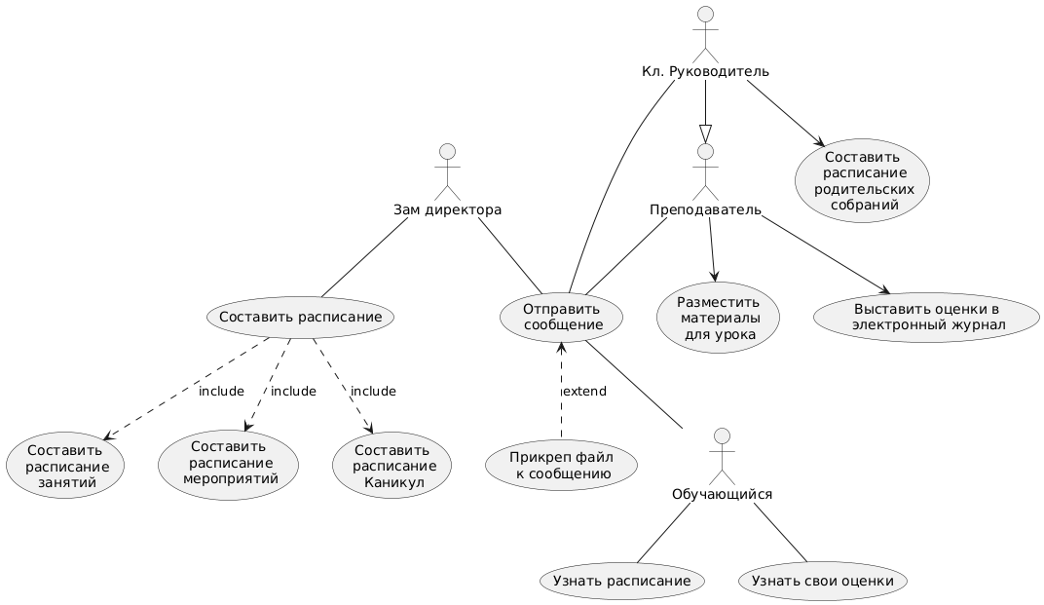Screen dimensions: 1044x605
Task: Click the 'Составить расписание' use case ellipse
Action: [x=300, y=318]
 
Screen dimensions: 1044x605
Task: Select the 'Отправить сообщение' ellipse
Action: [x=562, y=318]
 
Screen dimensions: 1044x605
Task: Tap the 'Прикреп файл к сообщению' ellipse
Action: [x=561, y=465]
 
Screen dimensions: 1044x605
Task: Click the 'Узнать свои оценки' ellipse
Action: [x=822, y=581]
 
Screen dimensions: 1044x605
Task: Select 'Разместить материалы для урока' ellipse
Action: [x=719, y=318]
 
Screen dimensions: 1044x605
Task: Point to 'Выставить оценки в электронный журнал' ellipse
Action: [x=927, y=318]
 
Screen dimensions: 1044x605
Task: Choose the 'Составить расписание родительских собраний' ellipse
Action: [x=863, y=180]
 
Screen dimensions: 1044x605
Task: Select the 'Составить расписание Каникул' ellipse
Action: [x=392, y=465]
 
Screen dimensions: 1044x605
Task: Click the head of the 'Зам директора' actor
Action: [x=447, y=151]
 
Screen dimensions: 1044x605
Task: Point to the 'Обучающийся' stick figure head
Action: [x=722, y=436]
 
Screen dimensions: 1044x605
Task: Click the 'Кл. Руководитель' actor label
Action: [x=705, y=71]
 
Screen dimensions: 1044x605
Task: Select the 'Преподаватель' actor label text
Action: [x=705, y=209]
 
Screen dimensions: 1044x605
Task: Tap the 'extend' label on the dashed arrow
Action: [x=584, y=391]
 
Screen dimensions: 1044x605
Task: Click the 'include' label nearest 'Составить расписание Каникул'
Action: [x=373, y=391]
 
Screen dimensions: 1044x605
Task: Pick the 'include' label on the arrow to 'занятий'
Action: [x=221, y=391]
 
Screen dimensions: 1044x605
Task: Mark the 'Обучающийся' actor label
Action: [x=722, y=494]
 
